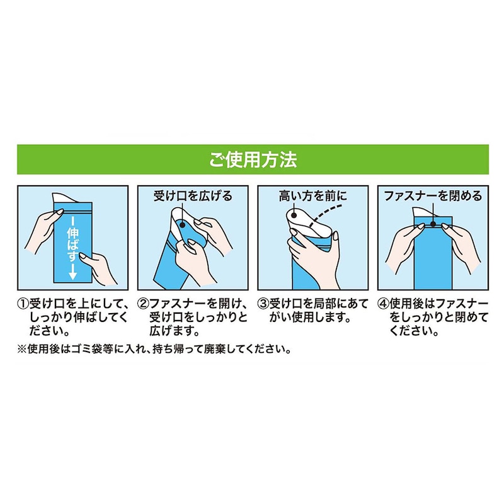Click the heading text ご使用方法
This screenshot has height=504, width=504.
[253, 160]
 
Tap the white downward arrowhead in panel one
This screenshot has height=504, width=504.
[72, 275]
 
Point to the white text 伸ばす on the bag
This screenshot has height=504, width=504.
[72, 245]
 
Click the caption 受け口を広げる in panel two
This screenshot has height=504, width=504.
[193, 196]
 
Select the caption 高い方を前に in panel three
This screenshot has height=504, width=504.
[312, 196]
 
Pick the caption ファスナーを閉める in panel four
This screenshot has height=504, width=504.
[433, 196]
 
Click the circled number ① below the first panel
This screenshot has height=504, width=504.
[23, 304]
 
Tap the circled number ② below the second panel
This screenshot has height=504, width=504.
[143, 304]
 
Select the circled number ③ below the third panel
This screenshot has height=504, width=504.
[263, 304]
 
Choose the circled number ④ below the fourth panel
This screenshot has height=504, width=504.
[384, 304]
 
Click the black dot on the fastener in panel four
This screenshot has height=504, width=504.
[433, 224]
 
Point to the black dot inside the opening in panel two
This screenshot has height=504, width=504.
[183, 225]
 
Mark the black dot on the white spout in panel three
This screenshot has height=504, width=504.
[294, 215]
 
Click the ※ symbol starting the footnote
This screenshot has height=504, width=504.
[22, 349]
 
